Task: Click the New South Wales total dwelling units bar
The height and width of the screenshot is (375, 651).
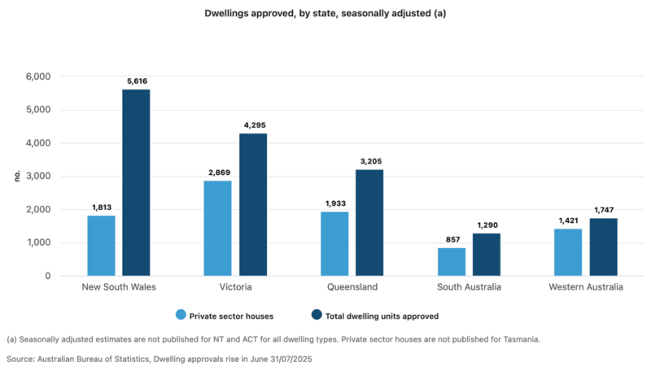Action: coord(136,183)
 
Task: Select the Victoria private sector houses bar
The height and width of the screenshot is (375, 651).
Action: coord(217,229)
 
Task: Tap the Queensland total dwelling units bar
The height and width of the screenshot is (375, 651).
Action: coord(369,223)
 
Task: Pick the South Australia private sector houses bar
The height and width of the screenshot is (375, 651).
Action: coord(451,262)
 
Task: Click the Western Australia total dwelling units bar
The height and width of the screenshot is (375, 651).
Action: coord(603,247)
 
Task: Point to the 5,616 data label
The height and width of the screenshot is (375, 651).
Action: coord(136,81)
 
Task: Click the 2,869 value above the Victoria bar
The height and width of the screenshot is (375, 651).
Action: coord(217,172)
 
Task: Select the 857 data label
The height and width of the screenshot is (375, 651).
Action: coord(451,239)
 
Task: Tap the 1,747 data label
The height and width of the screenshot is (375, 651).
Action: coord(603,210)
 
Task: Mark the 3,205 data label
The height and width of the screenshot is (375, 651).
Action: coord(369,161)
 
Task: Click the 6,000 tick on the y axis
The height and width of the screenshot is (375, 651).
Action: coord(37,76)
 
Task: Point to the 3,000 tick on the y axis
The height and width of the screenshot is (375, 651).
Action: coord(37,177)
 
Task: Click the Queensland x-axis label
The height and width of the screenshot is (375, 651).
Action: coord(352,288)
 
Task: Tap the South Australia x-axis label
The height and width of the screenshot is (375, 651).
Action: coord(469,288)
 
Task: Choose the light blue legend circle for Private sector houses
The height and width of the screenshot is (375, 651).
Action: coord(180,315)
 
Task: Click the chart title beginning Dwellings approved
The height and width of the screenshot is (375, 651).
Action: coord(325,14)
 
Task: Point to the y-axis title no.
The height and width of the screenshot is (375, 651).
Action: coord(16,177)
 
